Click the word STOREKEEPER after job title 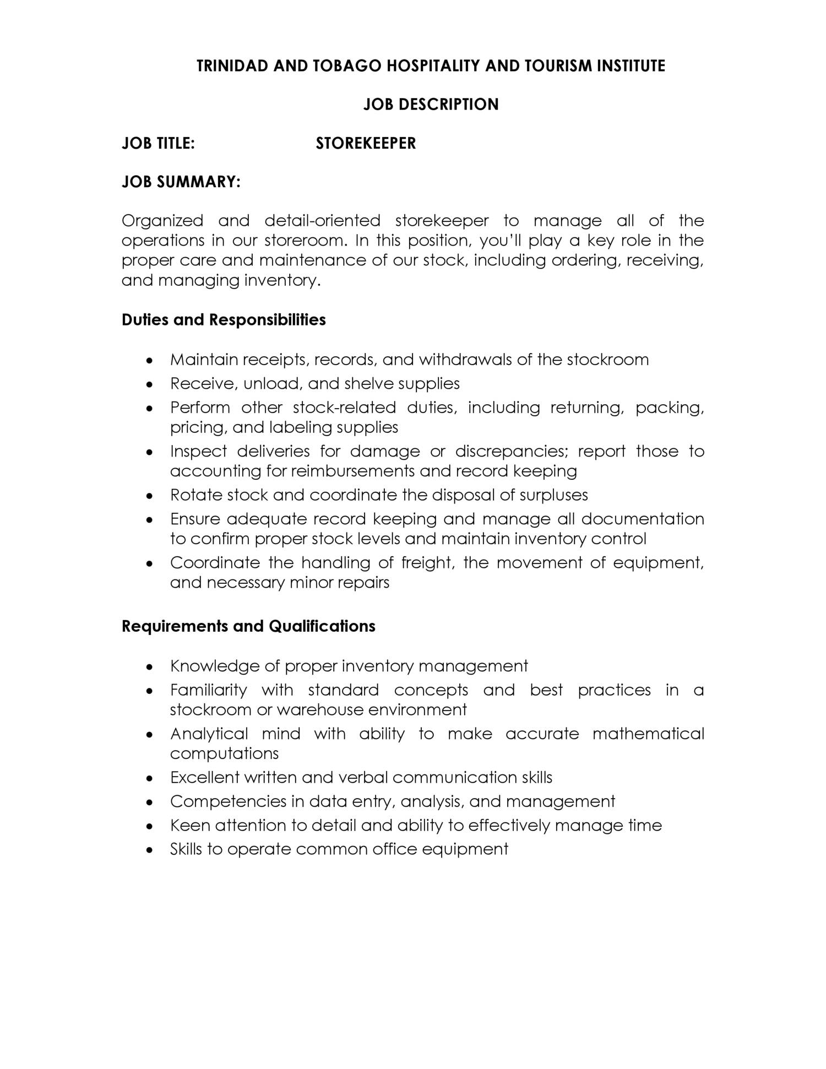point(366,143)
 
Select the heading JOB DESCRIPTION point(431,105)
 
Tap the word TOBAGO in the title point(347,66)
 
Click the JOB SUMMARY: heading point(181,182)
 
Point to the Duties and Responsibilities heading point(224,320)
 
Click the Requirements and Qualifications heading point(248,626)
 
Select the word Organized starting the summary point(162,221)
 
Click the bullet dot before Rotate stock point(149,496)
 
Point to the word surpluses point(553,495)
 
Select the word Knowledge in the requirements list point(215,666)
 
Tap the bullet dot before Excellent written point(149,778)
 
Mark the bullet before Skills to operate point(149,850)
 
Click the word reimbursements point(352,471)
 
